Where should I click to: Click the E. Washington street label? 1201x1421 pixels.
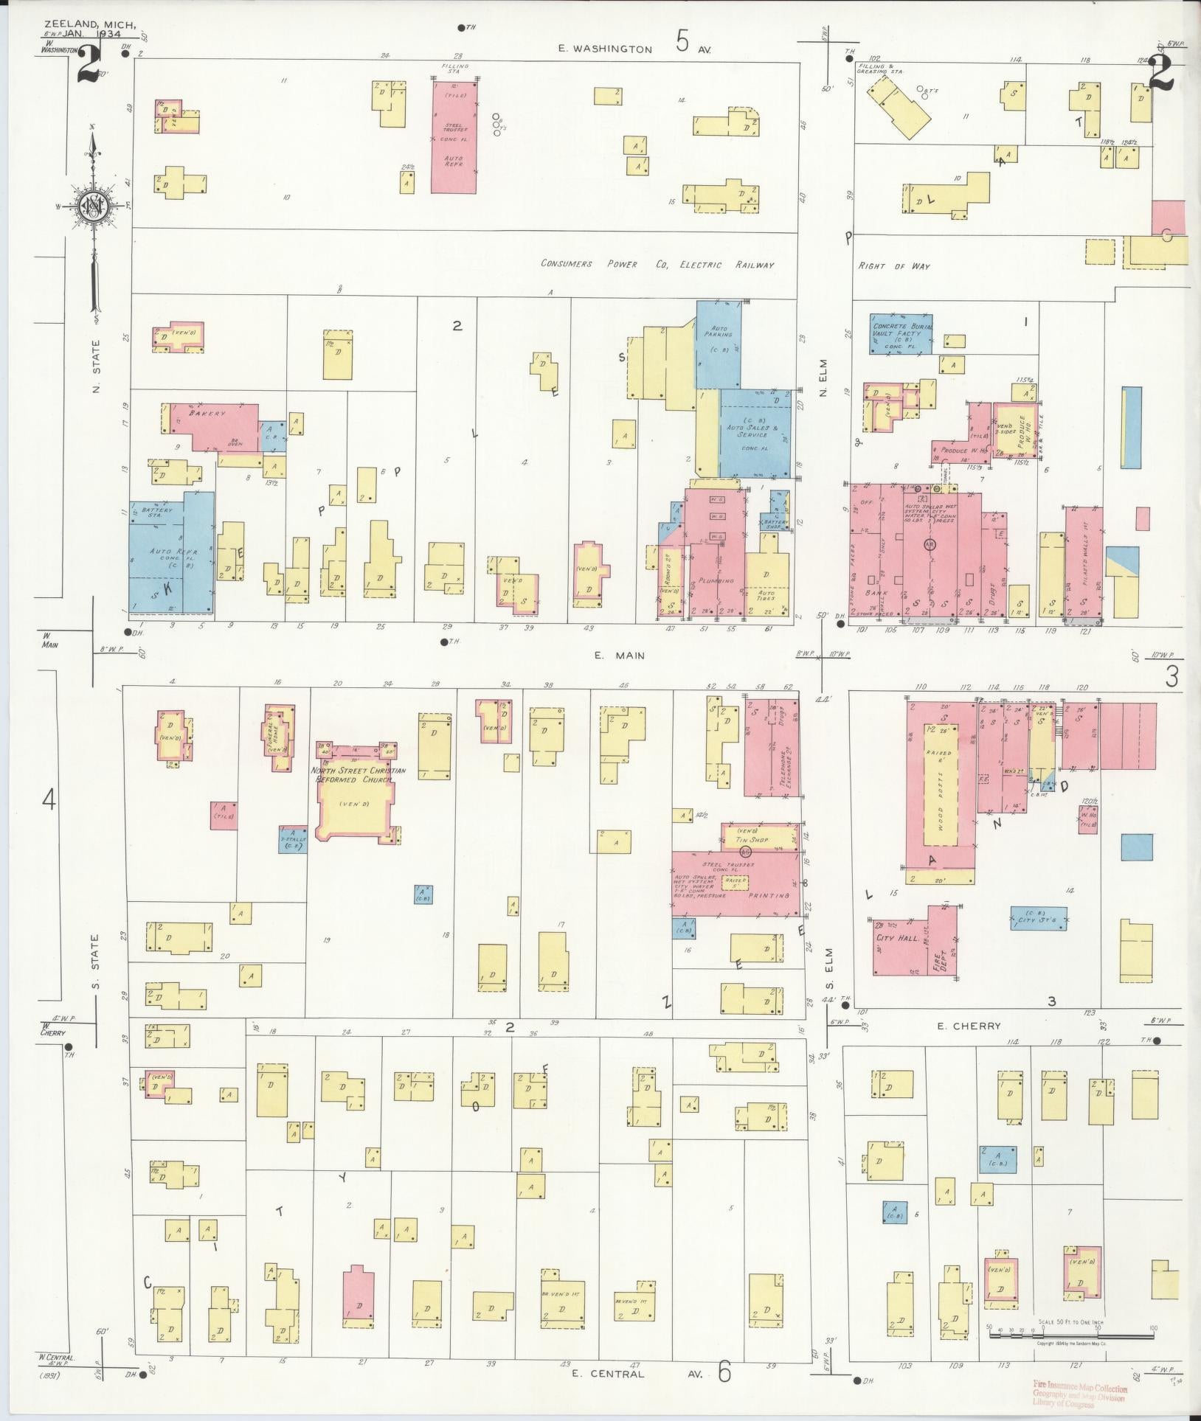click(x=605, y=49)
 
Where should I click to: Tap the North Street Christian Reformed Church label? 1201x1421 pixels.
click(x=359, y=775)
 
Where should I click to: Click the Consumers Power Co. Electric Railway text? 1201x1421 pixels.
click(x=657, y=265)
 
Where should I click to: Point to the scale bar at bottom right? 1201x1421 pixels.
click(x=1070, y=1328)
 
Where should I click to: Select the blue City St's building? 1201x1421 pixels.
click(x=1038, y=918)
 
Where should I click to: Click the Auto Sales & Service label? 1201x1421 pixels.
click(x=756, y=431)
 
